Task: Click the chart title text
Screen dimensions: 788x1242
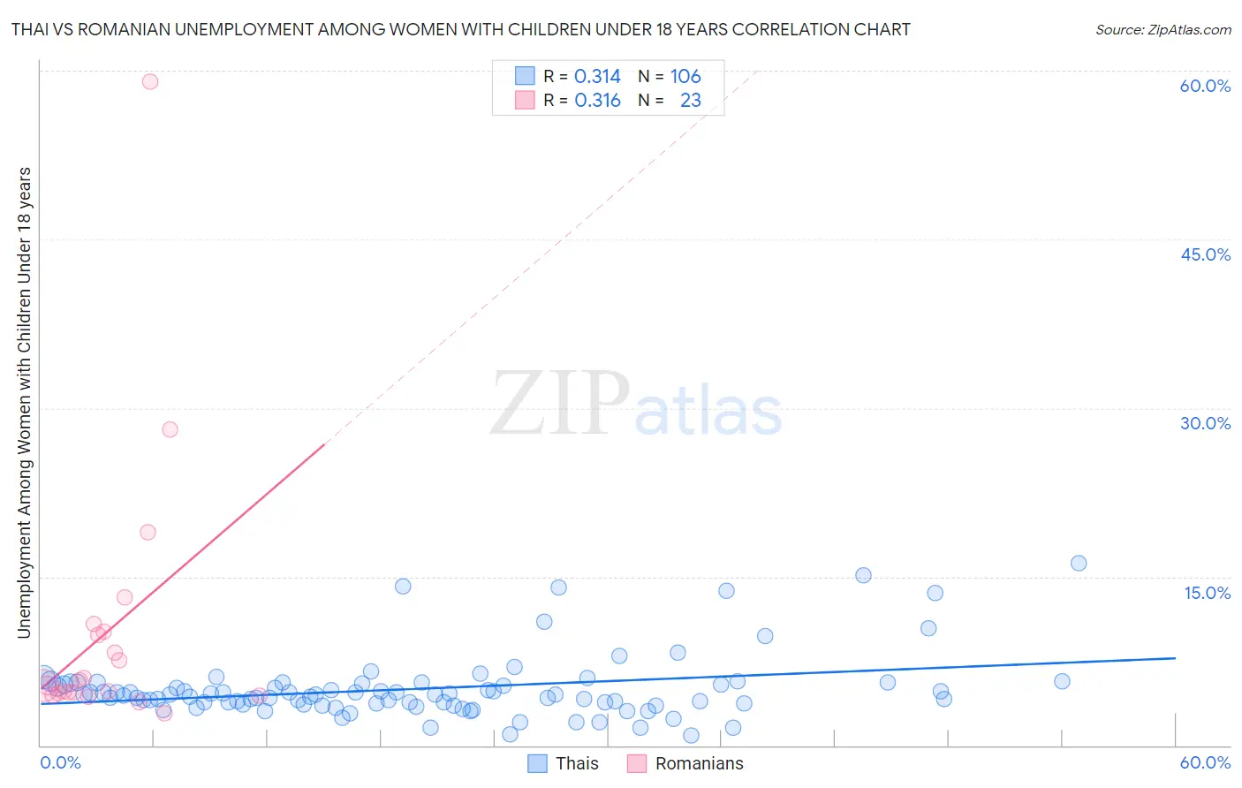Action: tap(460, 29)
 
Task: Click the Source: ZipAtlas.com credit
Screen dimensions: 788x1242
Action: tap(1162, 29)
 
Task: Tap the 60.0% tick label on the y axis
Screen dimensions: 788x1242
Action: tap(1205, 86)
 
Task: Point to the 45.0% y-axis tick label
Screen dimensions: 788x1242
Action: tap(1205, 254)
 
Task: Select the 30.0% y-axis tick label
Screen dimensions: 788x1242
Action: tap(1205, 423)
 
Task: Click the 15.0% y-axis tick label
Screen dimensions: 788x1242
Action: tap(1207, 593)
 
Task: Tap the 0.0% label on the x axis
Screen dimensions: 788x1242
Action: tap(60, 762)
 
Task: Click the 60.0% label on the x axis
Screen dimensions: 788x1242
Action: tap(1205, 762)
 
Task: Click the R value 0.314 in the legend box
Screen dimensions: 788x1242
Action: tap(597, 76)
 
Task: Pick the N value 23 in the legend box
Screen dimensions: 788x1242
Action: tap(690, 101)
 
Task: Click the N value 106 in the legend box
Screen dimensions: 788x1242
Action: tap(685, 76)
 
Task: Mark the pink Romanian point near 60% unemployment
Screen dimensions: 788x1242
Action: tap(150, 81)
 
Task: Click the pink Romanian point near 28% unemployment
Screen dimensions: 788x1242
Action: tap(170, 429)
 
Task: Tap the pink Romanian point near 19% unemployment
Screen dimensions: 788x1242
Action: tap(148, 532)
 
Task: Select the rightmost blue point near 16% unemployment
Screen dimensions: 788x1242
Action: tap(1078, 563)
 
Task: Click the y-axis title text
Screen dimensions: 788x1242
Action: tap(24, 402)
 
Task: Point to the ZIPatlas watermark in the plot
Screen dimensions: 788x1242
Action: tap(636, 405)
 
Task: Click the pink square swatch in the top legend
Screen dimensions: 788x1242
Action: tap(525, 101)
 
